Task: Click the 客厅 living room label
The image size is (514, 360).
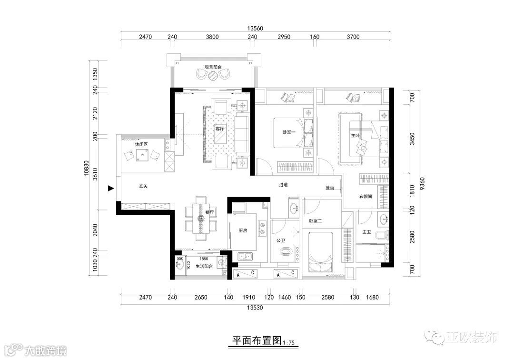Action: (219, 129)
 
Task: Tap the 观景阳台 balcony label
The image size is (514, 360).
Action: (213, 67)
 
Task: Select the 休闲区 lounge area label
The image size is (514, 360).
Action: (142, 144)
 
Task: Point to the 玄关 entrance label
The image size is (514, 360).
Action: (143, 186)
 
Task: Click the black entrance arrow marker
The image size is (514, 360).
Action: (111, 188)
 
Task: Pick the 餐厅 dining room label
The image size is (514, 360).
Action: (209, 213)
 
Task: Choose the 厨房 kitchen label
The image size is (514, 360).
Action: (243, 231)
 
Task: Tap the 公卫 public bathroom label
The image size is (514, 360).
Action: (281, 240)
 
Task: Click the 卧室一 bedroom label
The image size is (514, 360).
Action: (289, 132)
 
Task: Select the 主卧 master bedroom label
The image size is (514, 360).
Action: (356, 135)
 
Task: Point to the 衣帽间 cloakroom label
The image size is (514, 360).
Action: (366, 197)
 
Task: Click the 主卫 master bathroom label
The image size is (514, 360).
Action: (366, 232)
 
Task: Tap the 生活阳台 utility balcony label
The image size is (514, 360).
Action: (204, 267)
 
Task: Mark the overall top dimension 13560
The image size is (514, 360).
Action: (255, 29)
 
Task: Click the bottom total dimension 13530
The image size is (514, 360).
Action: (255, 308)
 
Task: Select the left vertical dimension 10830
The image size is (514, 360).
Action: (87, 168)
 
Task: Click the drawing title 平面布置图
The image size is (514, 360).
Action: (257, 340)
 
